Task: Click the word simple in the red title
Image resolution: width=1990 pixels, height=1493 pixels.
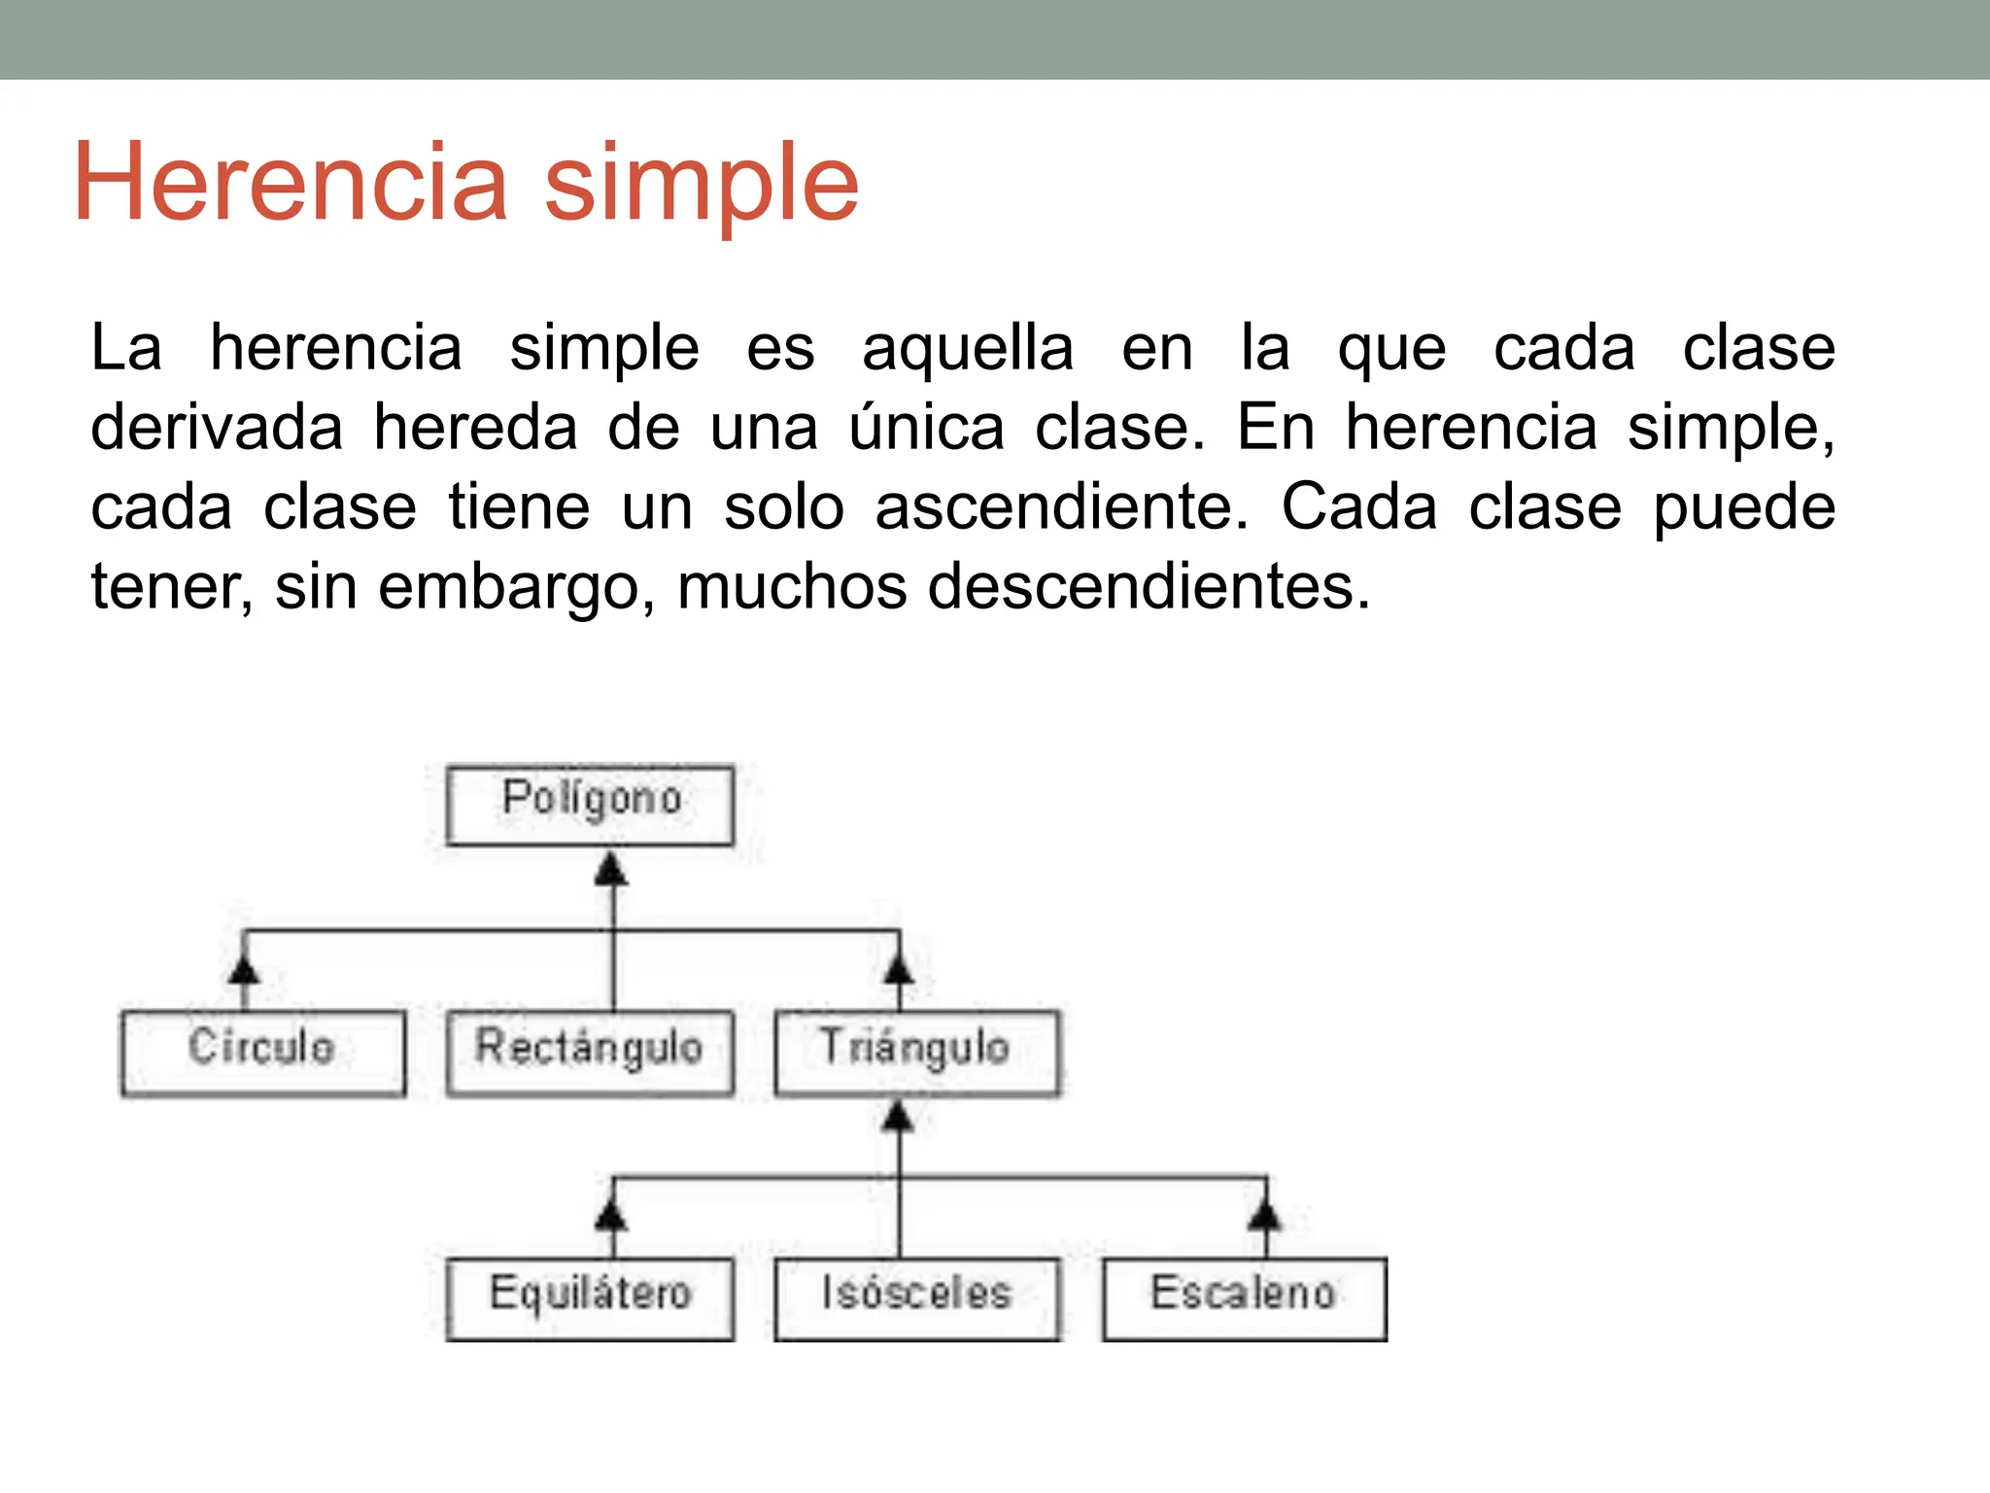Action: pos(701,183)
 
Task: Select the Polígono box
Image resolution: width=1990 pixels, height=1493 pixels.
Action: pos(590,805)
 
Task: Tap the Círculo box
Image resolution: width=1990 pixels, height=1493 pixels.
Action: pos(262,1053)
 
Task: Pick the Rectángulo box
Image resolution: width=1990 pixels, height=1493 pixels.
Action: pos(590,1053)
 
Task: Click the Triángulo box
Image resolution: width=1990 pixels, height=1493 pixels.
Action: pos(916,1053)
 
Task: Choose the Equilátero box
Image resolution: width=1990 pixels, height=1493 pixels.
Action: pos(590,1299)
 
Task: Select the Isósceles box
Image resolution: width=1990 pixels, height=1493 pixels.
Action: pos(916,1299)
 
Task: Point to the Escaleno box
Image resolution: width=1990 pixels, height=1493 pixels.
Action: pos(1244,1299)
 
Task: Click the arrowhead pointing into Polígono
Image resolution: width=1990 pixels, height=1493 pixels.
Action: pos(611,868)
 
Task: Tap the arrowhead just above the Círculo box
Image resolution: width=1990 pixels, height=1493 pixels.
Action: pos(244,969)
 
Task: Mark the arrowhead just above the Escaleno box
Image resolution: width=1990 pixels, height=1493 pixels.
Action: pos(1265,1215)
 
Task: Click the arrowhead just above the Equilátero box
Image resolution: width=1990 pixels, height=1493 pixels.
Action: pos(611,1215)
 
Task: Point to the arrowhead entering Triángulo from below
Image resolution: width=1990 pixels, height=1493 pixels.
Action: pos(898,1116)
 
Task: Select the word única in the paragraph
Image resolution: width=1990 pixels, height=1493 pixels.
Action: pos(926,428)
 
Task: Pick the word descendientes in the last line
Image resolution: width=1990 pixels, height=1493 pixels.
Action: pos(1149,587)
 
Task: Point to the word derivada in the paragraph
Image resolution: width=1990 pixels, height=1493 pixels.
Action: pos(216,428)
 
